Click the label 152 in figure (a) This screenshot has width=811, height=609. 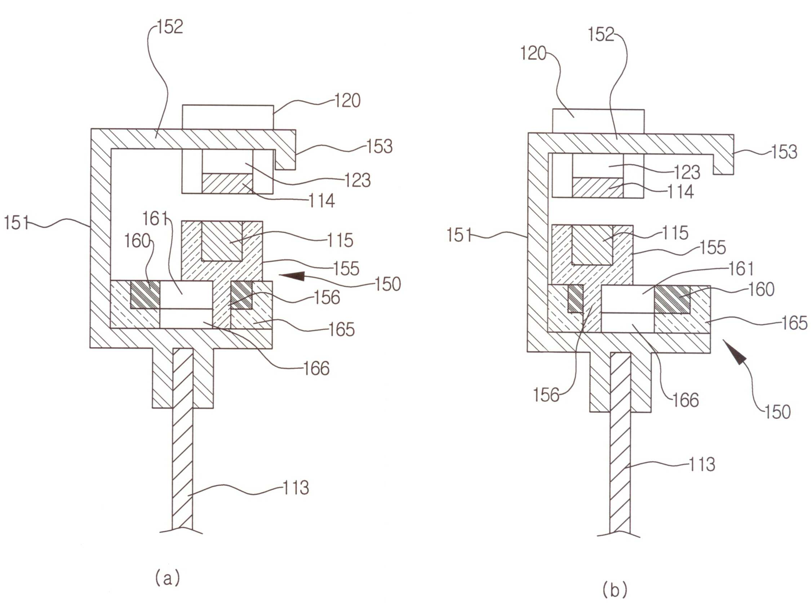pyautogui.click(x=170, y=27)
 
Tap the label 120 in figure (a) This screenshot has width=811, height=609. pyautogui.click(x=347, y=101)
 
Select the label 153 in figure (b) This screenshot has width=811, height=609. pyautogui.click(x=784, y=152)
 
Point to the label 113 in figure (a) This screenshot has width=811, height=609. pyautogui.click(x=296, y=488)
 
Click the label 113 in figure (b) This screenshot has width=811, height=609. pyautogui.click(x=702, y=464)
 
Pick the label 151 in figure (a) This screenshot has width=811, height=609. pyautogui.click(x=17, y=223)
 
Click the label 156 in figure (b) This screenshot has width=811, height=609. pyautogui.click(x=546, y=395)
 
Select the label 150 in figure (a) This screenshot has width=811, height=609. pyautogui.click(x=388, y=284)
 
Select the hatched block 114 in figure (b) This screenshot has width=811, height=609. pyautogui.click(x=598, y=188)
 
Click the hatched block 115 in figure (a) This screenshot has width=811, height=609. pyautogui.click(x=222, y=241)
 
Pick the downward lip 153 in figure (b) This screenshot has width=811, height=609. pyautogui.click(x=723, y=164)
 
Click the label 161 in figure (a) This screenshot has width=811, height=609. pyautogui.click(x=155, y=219)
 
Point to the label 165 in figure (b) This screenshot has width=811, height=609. pyautogui.click(x=794, y=323)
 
